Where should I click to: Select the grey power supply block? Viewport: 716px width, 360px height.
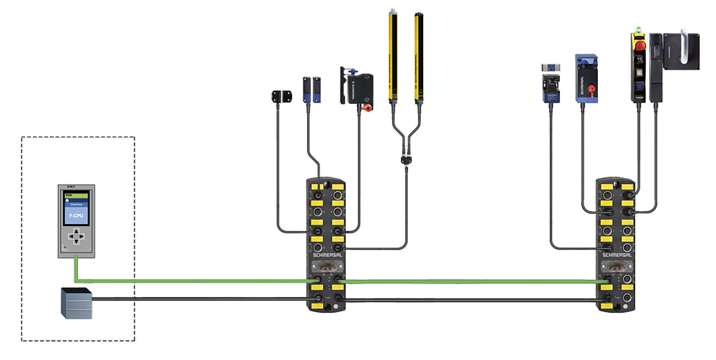pyautogui.click(x=76, y=303)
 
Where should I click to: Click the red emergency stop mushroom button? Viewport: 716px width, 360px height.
pyautogui.click(x=640, y=46)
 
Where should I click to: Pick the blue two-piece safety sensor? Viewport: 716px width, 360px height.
pyautogui.click(x=311, y=89)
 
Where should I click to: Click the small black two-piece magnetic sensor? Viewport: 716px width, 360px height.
pyautogui.click(x=281, y=96)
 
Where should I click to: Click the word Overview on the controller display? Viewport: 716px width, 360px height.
pyautogui.click(x=76, y=205)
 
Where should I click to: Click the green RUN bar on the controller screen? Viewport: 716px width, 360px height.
pyautogui.click(x=76, y=194)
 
